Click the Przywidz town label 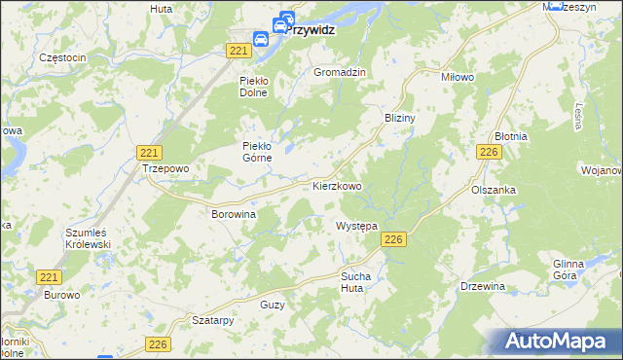click(313, 30)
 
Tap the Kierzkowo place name click(338, 185)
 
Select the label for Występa click(356, 226)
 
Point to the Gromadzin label click(340, 73)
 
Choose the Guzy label click(273, 305)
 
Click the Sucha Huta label click(355, 282)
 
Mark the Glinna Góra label click(568, 270)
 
